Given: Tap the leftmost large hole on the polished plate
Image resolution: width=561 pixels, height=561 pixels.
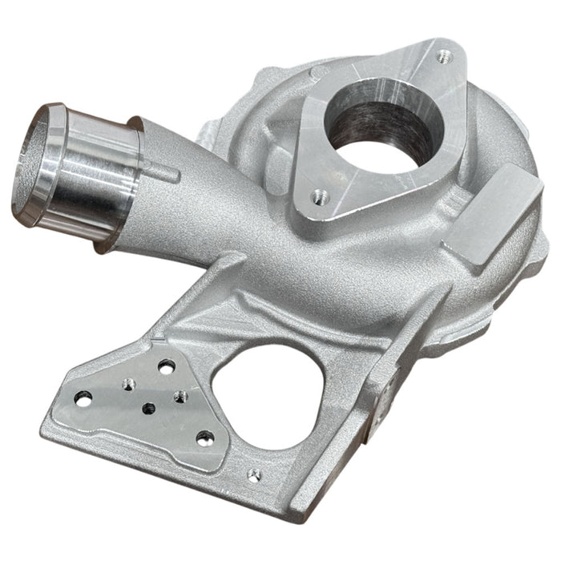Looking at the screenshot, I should (83, 398).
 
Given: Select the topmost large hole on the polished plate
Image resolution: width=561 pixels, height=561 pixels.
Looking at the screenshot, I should (167, 367).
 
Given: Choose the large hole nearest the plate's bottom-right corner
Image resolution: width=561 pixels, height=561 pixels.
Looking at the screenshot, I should (205, 438).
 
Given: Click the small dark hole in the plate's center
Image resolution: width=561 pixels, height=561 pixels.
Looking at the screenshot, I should (147, 408).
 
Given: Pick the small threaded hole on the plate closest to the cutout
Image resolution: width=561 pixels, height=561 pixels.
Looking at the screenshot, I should (181, 397).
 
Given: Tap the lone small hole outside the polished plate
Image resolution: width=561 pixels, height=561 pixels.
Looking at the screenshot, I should (254, 476).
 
